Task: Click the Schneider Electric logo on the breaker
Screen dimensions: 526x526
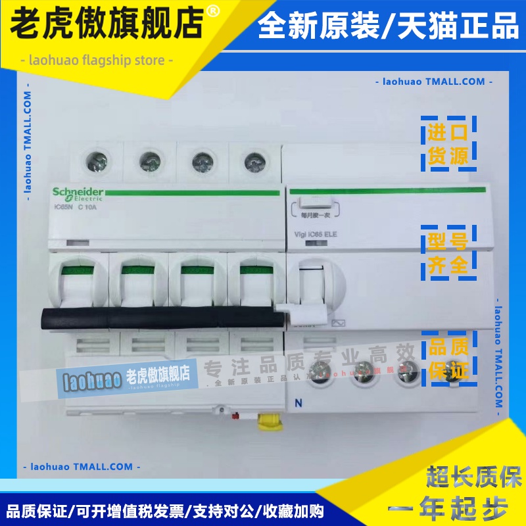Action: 78,193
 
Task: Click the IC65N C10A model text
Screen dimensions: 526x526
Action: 74,208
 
